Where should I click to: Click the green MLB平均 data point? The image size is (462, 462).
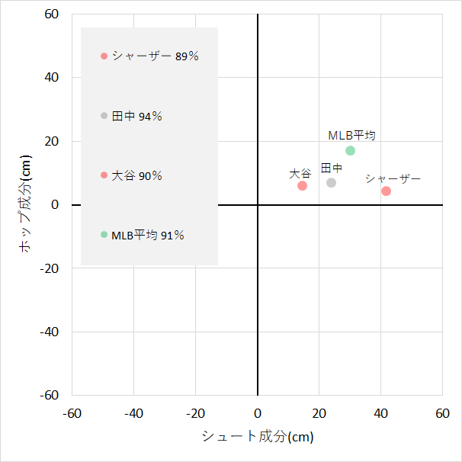(x=350, y=150)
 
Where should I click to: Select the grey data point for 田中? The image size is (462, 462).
(x=331, y=182)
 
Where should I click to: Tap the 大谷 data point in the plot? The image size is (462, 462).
(x=302, y=185)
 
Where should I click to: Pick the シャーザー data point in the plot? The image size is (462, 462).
(x=386, y=191)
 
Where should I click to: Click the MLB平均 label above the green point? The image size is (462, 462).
(x=351, y=135)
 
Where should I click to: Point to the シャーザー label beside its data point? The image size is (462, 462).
(x=393, y=178)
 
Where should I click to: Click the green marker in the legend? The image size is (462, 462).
(x=104, y=234)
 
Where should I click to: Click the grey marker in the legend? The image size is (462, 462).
(x=104, y=115)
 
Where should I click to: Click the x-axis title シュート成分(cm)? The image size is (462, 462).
(x=258, y=437)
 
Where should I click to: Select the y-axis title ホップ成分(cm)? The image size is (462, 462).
(x=25, y=204)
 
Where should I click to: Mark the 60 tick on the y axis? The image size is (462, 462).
(x=53, y=14)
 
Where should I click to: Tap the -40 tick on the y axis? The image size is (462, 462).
(x=50, y=332)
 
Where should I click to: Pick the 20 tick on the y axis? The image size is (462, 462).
(x=53, y=141)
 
